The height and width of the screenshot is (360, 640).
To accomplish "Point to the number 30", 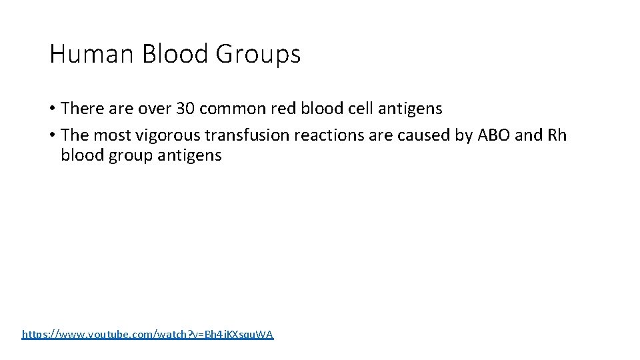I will [185, 108].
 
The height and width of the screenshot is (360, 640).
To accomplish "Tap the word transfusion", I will [242, 135].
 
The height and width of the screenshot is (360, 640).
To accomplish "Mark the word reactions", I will [315, 135].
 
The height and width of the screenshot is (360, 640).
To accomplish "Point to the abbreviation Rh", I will [557, 135].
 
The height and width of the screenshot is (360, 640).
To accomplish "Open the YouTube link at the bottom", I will [147, 334].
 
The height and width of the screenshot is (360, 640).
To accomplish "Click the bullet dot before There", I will [52, 108].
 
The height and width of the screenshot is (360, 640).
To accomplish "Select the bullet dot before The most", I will [52, 135].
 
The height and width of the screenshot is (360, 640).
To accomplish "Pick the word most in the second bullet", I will [113, 135].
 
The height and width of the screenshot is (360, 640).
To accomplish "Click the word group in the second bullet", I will [126, 157].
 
